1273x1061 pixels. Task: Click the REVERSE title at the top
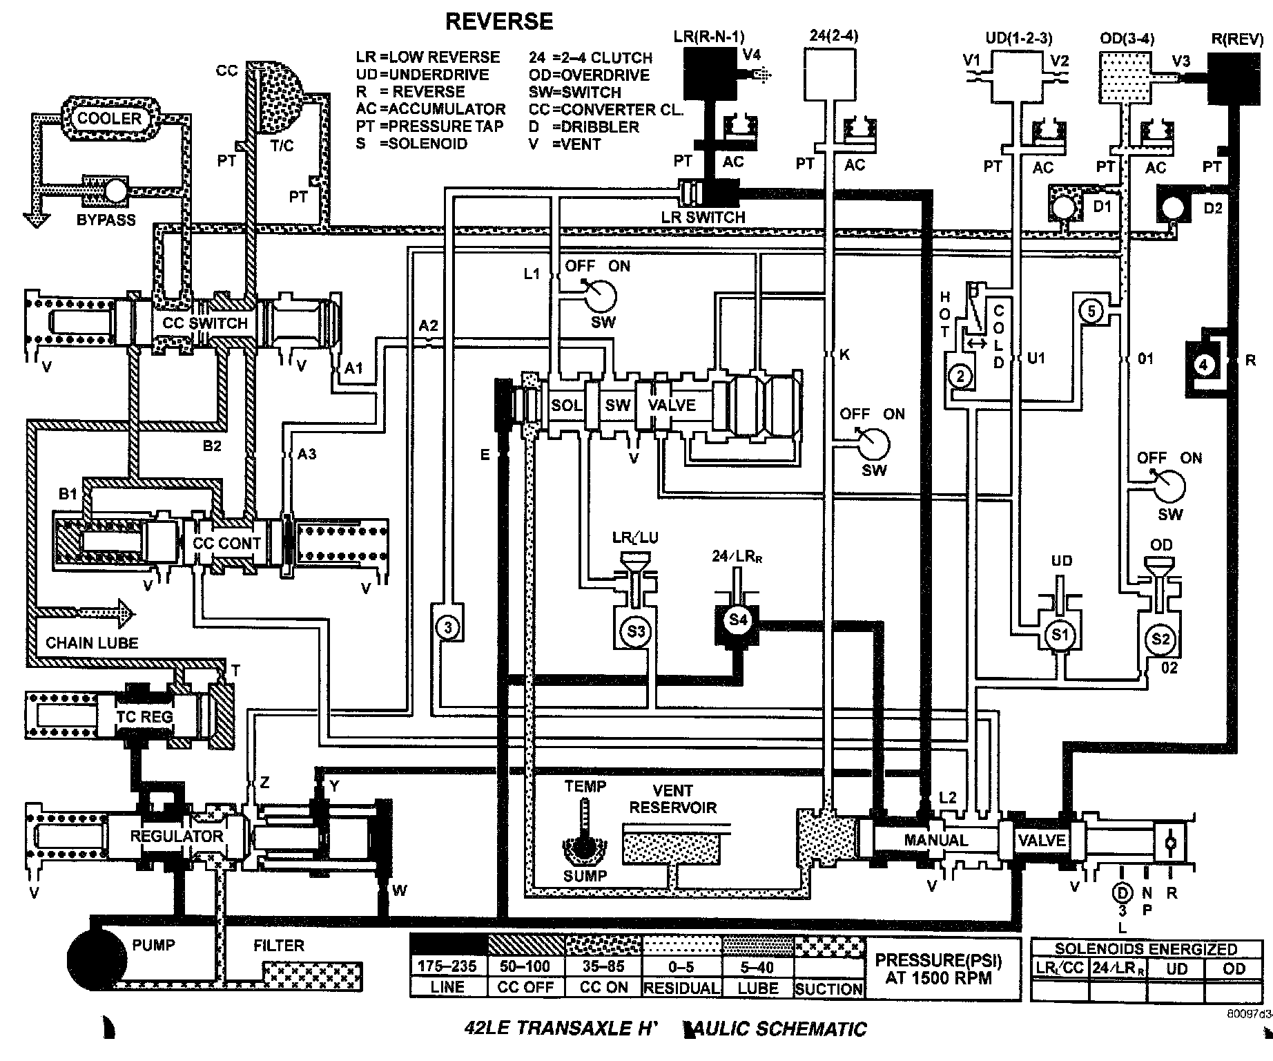[x=498, y=21]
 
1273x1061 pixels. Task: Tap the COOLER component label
[x=109, y=118]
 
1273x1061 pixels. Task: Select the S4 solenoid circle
[x=738, y=620]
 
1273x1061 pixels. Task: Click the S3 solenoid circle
[x=636, y=631]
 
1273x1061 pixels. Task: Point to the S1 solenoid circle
[x=1059, y=633]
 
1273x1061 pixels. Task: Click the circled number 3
[x=448, y=627]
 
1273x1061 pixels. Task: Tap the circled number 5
[x=1091, y=312]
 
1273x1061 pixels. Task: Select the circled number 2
[x=960, y=376]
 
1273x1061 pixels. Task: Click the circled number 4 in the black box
[x=1203, y=365]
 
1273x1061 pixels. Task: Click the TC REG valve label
[x=144, y=716]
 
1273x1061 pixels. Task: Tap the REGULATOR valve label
[x=177, y=836]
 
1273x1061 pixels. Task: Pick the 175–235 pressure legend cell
[x=447, y=966]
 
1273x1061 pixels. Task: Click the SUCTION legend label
[x=829, y=988]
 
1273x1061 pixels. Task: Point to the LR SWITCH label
[x=703, y=217]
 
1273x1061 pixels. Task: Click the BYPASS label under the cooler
[x=106, y=220]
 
